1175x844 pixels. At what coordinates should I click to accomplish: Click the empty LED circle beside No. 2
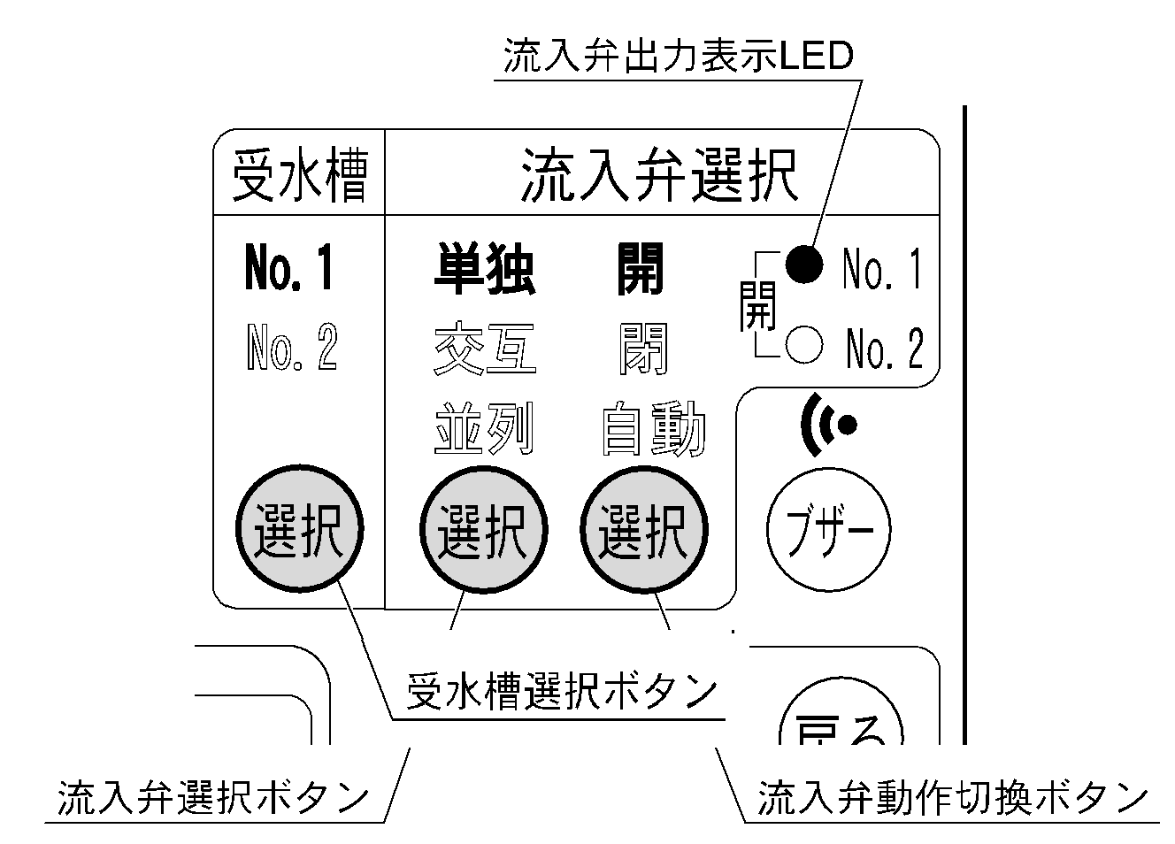[x=803, y=346]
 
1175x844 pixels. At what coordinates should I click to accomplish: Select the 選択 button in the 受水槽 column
[x=299, y=532]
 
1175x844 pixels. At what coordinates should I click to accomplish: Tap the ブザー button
[x=828, y=532]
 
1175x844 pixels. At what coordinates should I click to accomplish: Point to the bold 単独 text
[x=484, y=269]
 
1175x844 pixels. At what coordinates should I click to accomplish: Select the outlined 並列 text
[x=484, y=430]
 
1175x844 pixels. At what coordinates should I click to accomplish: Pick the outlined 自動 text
[x=652, y=430]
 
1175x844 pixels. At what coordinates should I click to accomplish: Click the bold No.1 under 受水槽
[x=289, y=269]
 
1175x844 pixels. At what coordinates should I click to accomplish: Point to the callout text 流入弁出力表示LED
[x=677, y=57]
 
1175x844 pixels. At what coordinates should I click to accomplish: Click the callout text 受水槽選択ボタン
[x=561, y=691]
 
